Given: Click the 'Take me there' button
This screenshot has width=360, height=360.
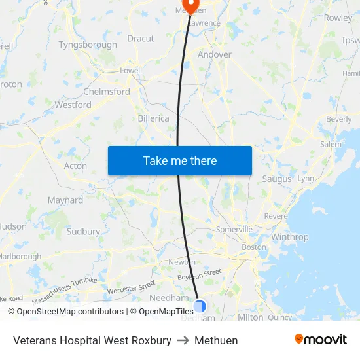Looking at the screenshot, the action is [180, 160].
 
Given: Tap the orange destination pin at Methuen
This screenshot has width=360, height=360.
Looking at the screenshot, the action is [190, 5].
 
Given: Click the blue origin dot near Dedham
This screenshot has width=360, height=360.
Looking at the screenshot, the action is [200, 306].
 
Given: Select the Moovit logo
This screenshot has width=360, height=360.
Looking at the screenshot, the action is [321, 340].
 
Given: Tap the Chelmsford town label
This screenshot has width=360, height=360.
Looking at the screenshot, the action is [107, 92].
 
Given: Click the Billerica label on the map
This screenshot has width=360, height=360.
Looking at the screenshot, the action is [154, 118].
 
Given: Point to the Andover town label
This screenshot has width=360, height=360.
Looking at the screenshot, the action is [214, 54].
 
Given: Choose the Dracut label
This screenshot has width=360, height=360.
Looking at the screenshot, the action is [141, 39].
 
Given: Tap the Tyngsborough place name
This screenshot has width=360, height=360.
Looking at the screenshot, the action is [88, 45].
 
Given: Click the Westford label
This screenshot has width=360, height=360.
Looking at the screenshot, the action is [73, 105].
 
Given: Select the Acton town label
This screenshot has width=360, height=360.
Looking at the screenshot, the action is [75, 166].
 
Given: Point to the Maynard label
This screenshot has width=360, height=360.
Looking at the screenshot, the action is [65, 200].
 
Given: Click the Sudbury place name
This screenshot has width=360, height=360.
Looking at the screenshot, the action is [83, 231].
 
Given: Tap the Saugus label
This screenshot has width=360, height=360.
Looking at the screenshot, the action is [277, 179].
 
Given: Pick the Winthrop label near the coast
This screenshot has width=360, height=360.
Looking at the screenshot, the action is [289, 237].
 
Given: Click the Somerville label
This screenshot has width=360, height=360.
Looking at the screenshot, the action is [234, 230].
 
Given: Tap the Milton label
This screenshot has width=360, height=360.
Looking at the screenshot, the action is [251, 317].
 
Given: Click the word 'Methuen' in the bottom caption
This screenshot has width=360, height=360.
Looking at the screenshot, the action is [216, 340].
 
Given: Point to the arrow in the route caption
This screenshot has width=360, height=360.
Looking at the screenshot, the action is [183, 340].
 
